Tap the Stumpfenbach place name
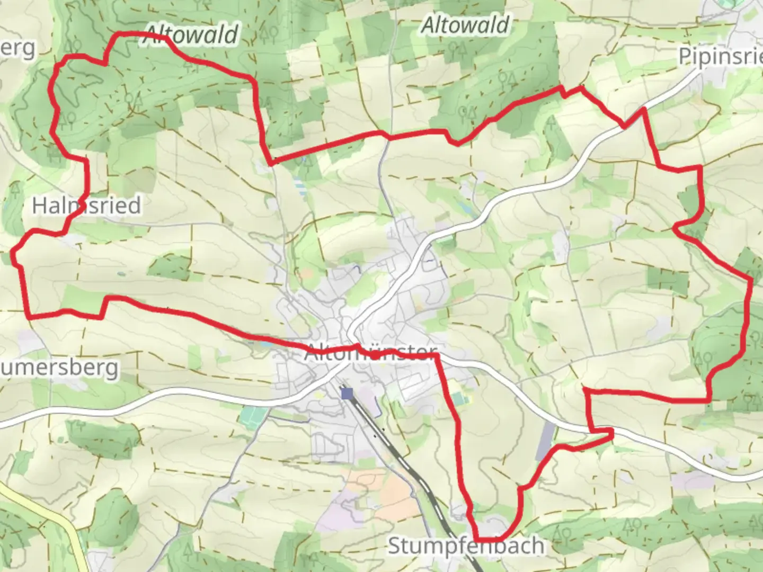coord(466,546)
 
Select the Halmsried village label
coord(86,205)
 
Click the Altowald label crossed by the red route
coord(191,35)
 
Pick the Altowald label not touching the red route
coord(465,25)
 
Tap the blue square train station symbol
coord(347,393)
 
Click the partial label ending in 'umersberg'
coord(58,368)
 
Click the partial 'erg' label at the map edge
coord(19,49)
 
